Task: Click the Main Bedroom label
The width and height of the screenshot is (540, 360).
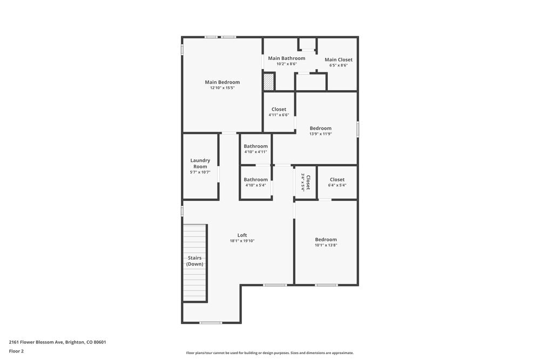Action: pos(222,82)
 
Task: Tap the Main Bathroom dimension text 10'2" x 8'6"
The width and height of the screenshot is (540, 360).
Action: pos(286,64)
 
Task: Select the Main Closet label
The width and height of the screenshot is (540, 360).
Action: pos(338,59)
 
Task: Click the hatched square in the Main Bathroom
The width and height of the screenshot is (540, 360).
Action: pos(268,82)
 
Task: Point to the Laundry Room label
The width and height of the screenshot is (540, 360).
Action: pos(200,163)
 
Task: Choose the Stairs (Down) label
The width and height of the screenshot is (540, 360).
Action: pos(194,261)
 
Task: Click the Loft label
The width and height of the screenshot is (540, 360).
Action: pos(242,235)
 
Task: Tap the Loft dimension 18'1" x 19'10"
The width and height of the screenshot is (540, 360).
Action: pos(242,241)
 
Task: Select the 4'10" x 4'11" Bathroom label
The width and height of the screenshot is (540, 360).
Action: pos(255,146)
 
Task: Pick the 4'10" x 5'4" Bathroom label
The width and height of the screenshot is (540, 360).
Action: pos(255,179)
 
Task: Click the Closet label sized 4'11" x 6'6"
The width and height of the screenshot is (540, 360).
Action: pos(279,109)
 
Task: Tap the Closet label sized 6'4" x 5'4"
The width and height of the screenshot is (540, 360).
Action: pos(337,179)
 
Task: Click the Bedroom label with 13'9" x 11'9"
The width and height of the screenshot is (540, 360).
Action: pos(320,128)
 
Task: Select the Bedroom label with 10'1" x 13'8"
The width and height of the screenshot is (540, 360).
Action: pos(326,239)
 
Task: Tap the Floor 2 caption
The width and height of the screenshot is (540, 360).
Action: pos(16,351)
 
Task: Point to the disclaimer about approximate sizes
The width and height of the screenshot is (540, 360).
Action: pos(270,353)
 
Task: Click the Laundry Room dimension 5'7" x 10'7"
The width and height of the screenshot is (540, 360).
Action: pos(200,172)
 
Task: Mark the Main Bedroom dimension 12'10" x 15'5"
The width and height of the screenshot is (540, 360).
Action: pos(222,88)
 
